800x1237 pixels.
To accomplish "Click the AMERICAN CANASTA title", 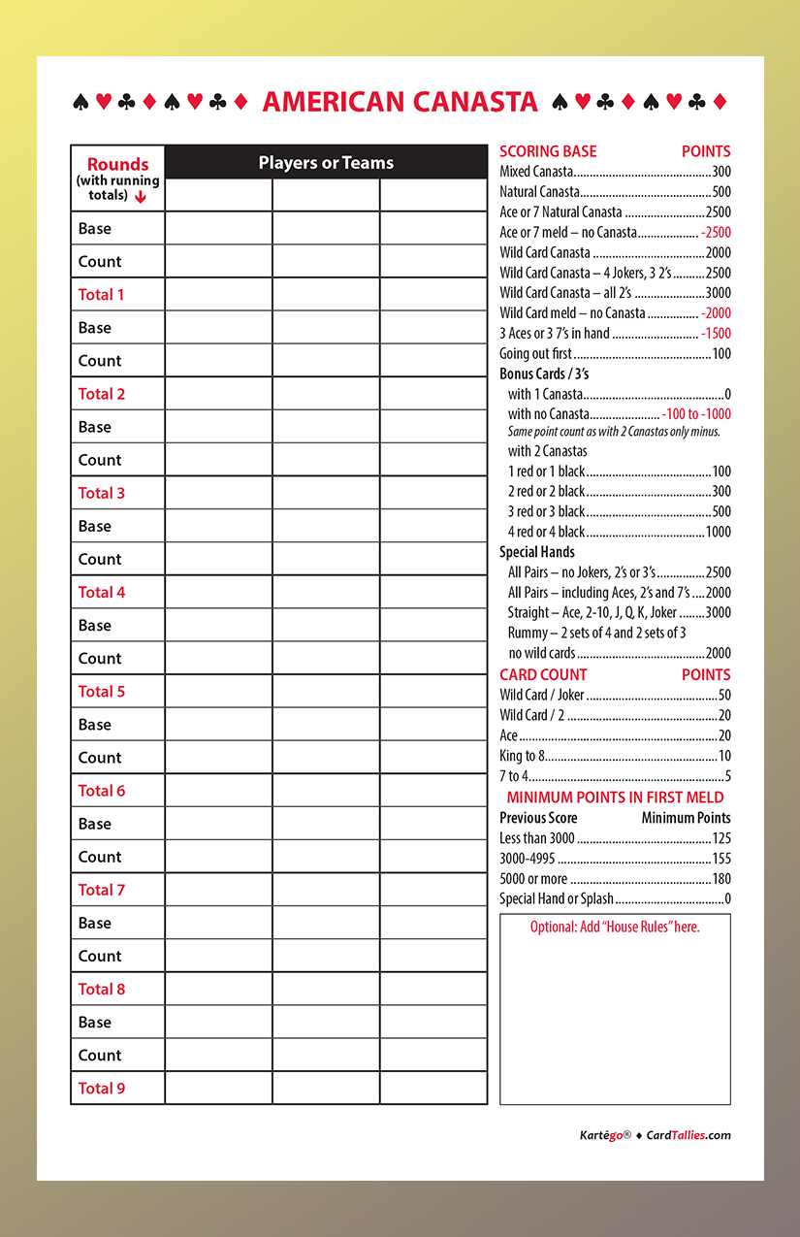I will pos(400,102).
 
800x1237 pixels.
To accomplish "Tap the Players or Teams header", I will pos(326,163).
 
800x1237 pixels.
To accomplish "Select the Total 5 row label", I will pos(102,692).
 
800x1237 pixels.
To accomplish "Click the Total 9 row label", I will pos(102,1089).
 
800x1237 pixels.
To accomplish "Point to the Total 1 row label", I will pos(102,295).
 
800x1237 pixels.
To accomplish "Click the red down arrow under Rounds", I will pos(141,196).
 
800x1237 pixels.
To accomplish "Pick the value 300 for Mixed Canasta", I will pos(720,172).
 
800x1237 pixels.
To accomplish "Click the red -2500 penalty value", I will pos(716,233).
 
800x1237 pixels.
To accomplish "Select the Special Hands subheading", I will pos(537,552).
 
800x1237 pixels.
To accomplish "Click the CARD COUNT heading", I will pos(543,675).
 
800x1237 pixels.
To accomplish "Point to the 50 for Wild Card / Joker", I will pos(723,696).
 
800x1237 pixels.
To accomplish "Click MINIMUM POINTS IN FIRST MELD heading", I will pos(615,798).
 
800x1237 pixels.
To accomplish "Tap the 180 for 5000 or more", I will pos(720,879).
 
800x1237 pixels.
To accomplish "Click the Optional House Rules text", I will pos(615,928).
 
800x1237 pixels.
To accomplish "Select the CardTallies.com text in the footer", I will pos(688,1135).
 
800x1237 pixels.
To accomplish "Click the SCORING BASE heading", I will pos(548,151).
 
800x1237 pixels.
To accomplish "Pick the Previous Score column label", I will pos(538,818).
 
